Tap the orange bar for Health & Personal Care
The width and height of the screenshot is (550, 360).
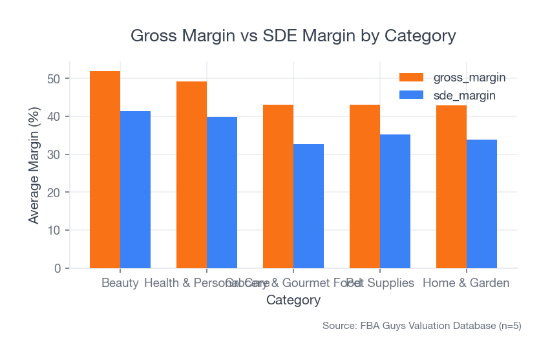coord(191,175)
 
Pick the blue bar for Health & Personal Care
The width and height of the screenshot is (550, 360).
coord(222,192)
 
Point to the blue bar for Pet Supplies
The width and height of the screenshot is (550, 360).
coord(395,201)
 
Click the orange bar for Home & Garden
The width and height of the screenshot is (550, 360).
coord(451,187)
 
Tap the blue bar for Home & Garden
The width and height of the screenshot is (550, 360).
coord(481,204)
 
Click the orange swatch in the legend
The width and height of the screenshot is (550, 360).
coord(412,78)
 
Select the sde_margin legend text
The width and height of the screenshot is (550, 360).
coord(464,95)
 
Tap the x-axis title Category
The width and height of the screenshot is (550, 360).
coord(293,301)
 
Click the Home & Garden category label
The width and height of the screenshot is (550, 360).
coord(466,283)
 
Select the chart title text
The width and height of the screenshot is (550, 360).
coord(293,35)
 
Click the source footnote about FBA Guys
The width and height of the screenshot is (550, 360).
coord(421,326)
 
